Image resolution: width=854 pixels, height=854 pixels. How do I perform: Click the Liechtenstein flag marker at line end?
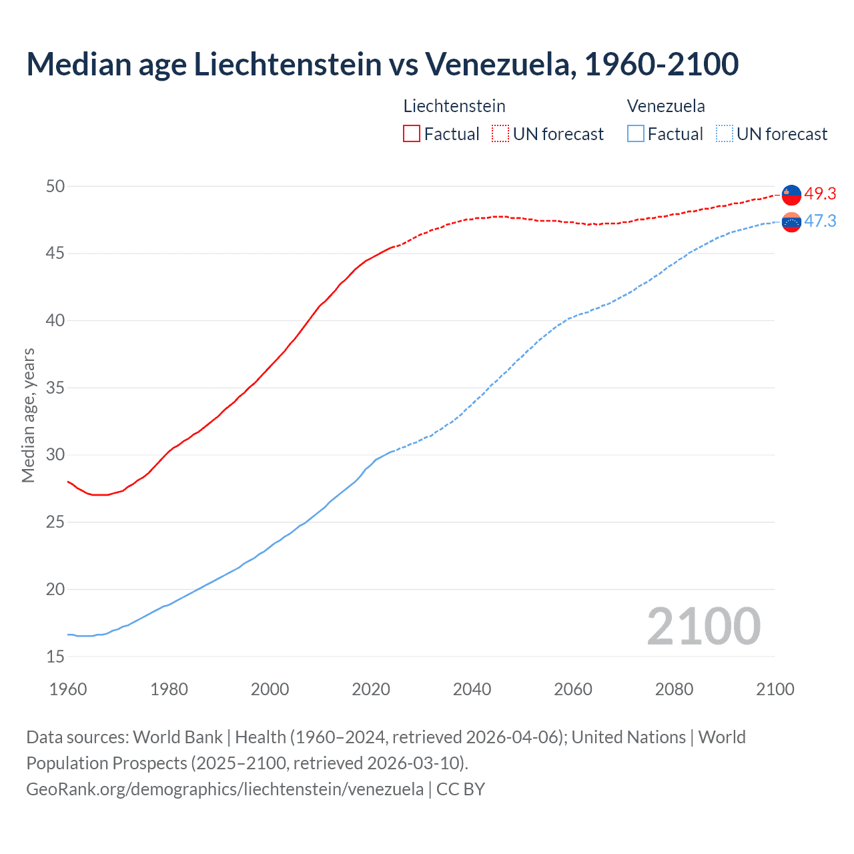click(791, 194)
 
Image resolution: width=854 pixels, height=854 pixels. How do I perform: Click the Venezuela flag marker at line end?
click(791, 222)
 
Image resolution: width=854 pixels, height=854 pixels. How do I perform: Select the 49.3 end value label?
click(820, 194)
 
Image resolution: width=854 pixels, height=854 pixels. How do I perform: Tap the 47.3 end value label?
click(820, 222)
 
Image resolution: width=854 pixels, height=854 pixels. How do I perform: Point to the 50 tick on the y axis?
click(55, 186)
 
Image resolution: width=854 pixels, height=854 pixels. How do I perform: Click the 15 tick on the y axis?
click(55, 657)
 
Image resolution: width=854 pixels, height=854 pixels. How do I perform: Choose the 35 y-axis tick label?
click(55, 388)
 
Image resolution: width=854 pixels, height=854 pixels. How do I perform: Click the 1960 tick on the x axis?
click(68, 689)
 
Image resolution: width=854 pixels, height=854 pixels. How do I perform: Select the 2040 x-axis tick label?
click(472, 689)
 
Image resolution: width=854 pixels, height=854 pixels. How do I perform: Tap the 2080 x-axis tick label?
click(674, 689)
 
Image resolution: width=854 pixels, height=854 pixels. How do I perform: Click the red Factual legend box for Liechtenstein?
click(412, 134)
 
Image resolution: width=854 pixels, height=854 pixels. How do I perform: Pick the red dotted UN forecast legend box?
click(500, 134)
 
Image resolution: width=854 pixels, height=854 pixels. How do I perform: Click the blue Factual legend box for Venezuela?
click(636, 134)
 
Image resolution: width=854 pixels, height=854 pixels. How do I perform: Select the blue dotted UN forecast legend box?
click(725, 134)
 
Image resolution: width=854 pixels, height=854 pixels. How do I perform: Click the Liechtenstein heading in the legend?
click(454, 106)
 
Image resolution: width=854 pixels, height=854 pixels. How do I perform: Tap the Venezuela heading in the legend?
click(666, 106)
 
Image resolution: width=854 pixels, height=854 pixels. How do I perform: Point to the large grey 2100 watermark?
click(703, 626)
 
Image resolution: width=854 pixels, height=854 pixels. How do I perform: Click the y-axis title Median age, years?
click(28, 415)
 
